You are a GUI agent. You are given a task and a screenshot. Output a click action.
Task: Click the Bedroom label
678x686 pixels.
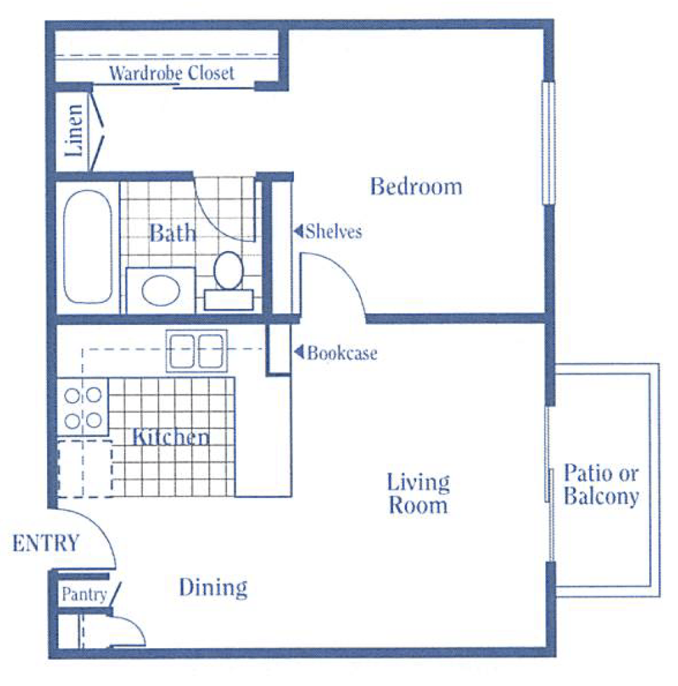click(x=416, y=187)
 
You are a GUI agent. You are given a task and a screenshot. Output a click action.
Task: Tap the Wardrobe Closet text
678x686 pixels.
click(x=172, y=73)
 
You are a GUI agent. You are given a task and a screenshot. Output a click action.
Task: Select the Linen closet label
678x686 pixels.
click(x=73, y=131)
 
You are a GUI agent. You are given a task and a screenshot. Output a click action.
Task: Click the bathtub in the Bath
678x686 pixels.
click(x=87, y=246)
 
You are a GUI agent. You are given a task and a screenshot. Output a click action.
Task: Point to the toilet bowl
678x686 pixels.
click(x=228, y=270)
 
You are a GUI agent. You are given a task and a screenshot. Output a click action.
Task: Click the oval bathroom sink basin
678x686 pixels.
click(x=161, y=290)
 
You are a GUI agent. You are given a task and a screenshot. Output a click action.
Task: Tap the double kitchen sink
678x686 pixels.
click(x=197, y=351)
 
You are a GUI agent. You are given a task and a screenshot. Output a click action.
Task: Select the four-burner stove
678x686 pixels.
click(x=83, y=407)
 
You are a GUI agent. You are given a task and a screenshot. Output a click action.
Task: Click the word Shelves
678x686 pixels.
click(x=334, y=231)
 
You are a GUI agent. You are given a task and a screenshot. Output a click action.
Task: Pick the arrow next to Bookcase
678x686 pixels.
click(x=299, y=351)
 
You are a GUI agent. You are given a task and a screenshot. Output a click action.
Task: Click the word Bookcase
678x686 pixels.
click(x=342, y=353)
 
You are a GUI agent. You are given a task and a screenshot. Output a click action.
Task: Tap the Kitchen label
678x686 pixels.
click(x=170, y=436)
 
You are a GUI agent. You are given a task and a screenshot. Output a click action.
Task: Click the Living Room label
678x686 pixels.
click(x=418, y=494)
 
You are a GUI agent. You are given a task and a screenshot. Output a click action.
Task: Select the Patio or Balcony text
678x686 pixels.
click(x=601, y=485)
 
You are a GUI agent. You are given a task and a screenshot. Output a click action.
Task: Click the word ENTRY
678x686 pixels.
click(x=46, y=543)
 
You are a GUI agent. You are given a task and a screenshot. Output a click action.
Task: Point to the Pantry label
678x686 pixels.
click(x=84, y=594)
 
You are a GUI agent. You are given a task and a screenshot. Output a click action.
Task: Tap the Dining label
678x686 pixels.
click(x=214, y=588)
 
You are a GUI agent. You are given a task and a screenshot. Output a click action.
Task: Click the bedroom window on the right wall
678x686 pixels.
click(x=549, y=143)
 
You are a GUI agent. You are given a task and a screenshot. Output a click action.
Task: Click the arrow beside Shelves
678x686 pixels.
click(x=298, y=230)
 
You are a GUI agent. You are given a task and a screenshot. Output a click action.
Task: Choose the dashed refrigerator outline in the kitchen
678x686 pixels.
click(x=85, y=469)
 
